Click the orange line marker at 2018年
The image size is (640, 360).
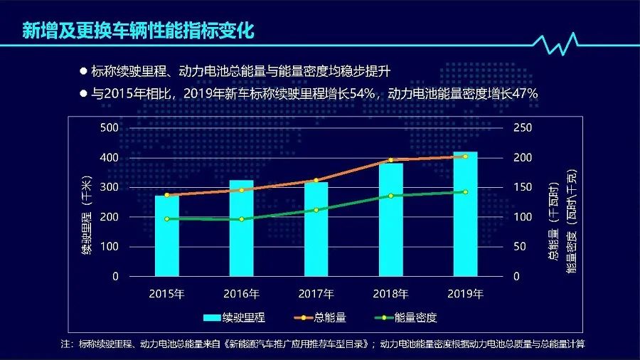pyautogui.click(x=390, y=160)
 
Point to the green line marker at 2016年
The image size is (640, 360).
pyautogui.click(x=242, y=219)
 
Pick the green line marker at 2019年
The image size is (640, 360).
pyautogui.click(x=465, y=192)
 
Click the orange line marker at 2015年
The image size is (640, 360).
pyautogui.click(x=167, y=195)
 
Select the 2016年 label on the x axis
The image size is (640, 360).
pyautogui.click(x=242, y=294)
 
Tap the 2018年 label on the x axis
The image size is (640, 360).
pyautogui.click(x=390, y=294)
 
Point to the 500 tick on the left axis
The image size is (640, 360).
pyautogui.click(x=109, y=127)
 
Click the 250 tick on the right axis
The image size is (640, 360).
pyautogui.click(x=522, y=127)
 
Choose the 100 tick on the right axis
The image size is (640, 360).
pyautogui.click(x=522, y=217)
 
